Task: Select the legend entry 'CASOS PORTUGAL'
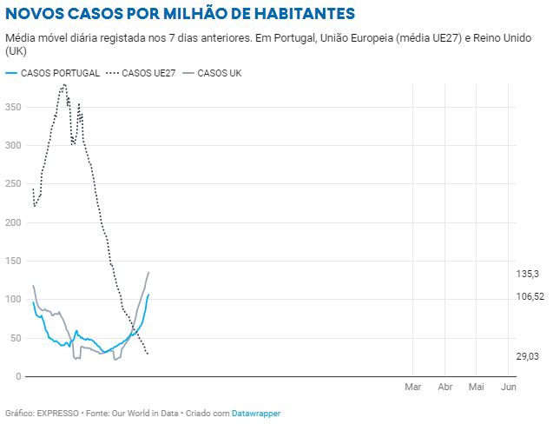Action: coord(59,73)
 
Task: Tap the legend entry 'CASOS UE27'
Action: coord(148,73)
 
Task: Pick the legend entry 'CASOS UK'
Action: coord(219,73)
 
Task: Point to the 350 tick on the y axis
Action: coord(13,107)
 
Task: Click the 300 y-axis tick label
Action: coord(13,145)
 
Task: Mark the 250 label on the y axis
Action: coord(13,184)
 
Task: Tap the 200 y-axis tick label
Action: coord(13,222)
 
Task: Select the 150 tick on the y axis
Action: coord(13,262)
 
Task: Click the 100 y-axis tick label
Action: coord(13,300)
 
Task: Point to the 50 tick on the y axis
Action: coord(16,338)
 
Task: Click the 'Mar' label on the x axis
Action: coord(412,386)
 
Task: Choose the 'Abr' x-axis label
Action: coord(445,386)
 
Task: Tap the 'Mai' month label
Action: coord(476,386)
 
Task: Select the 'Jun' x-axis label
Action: coord(509,386)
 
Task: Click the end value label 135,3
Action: coord(528,274)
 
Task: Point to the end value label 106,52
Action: coord(530,296)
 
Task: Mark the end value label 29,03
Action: coord(528,356)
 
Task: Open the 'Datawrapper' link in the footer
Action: coord(256,414)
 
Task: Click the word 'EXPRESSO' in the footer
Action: coord(57,414)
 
